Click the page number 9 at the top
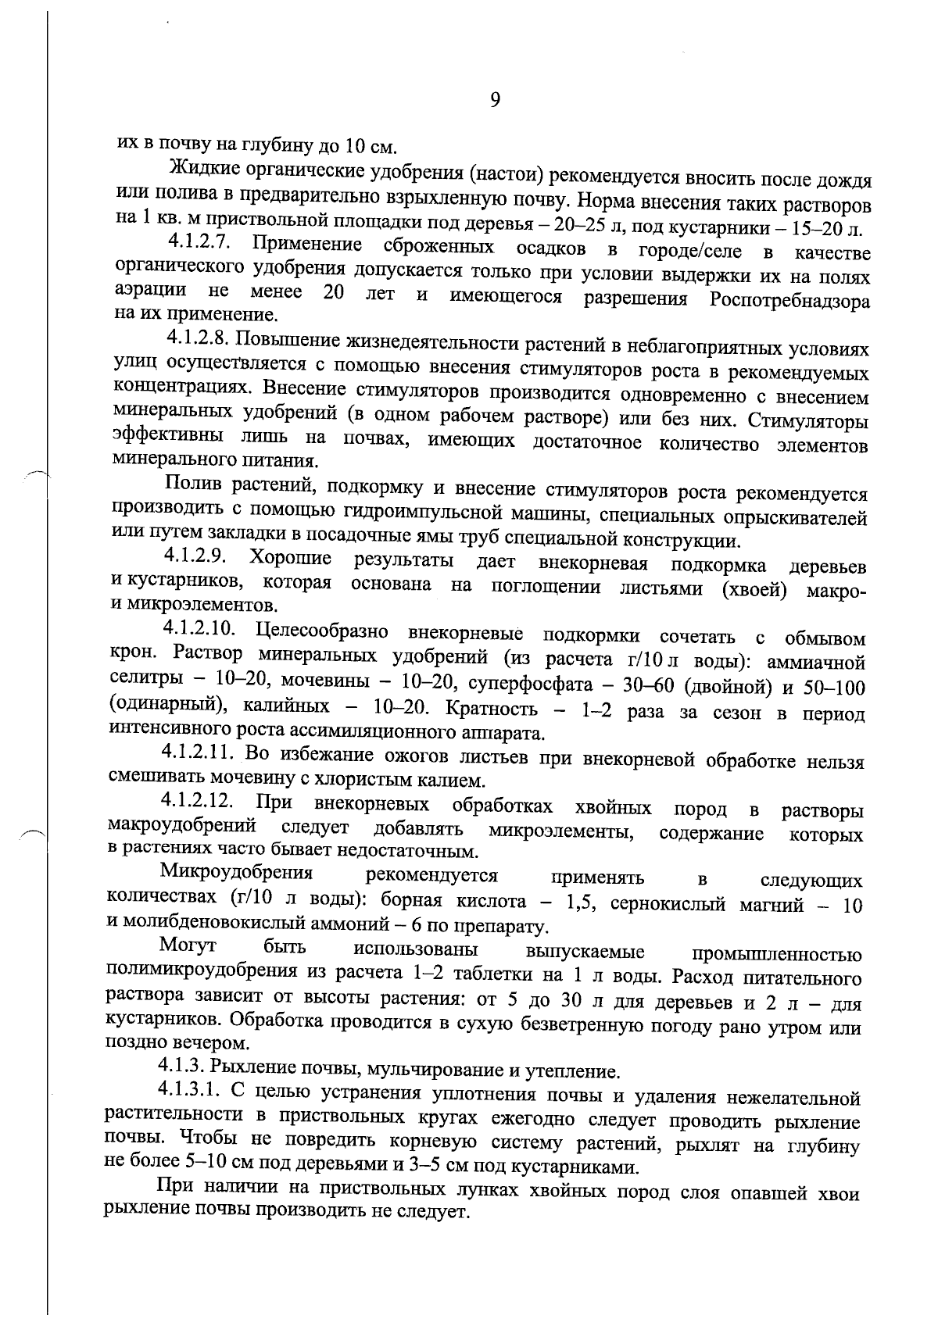[494, 100]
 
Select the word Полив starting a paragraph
[194, 490]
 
